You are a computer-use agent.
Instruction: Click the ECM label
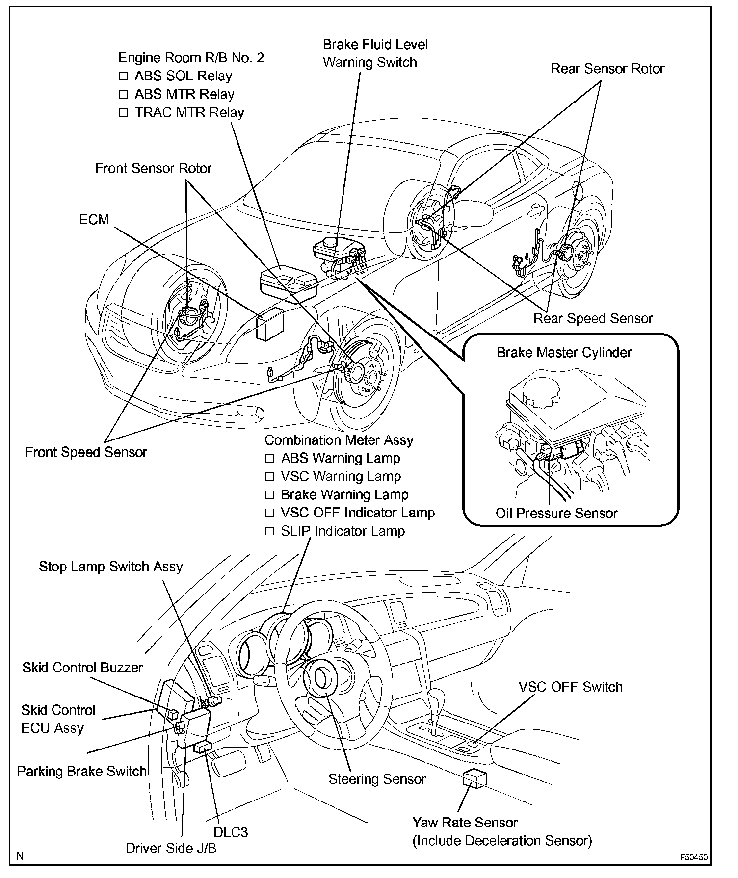pyautogui.click(x=94, y=219)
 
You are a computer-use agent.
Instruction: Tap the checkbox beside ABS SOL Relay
pyautogui.click(x=123, y=76)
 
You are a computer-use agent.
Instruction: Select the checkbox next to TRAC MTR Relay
pyautogui.click(x=123, y=112)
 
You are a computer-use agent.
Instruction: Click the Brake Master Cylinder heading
pyautogui.click(x=564, y=352)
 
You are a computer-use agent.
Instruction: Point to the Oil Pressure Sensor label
pyautogui.click(x=556, y=513)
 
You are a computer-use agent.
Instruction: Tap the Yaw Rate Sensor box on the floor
pyautogui.click(x=474, y=778)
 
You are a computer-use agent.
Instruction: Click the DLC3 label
pyautogui.click(x=231, y=832)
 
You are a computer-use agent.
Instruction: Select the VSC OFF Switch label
pyautogui.click(x=570, y=687)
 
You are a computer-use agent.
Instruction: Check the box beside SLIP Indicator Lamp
pyautogui.click(x=269, y=531)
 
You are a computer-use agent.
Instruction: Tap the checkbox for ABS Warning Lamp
pyautogui.click(x=269, y=458)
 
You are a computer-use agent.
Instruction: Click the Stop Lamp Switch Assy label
pyautogui.click(x=111, y=567)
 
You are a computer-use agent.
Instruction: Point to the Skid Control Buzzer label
pyautogui.click(x=82, y=668)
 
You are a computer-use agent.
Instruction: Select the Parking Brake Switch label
pyautogui.click(x=82, y=771)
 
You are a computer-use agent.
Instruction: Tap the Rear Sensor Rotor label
pyautogui.click(x=607, y=69)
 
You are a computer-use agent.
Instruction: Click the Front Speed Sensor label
pyautogui.click(x=86, y=452)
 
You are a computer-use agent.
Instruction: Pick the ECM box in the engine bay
pyautogui.click(x=270, y=324)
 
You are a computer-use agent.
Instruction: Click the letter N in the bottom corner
pyautogui.click(x=20, y=856)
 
